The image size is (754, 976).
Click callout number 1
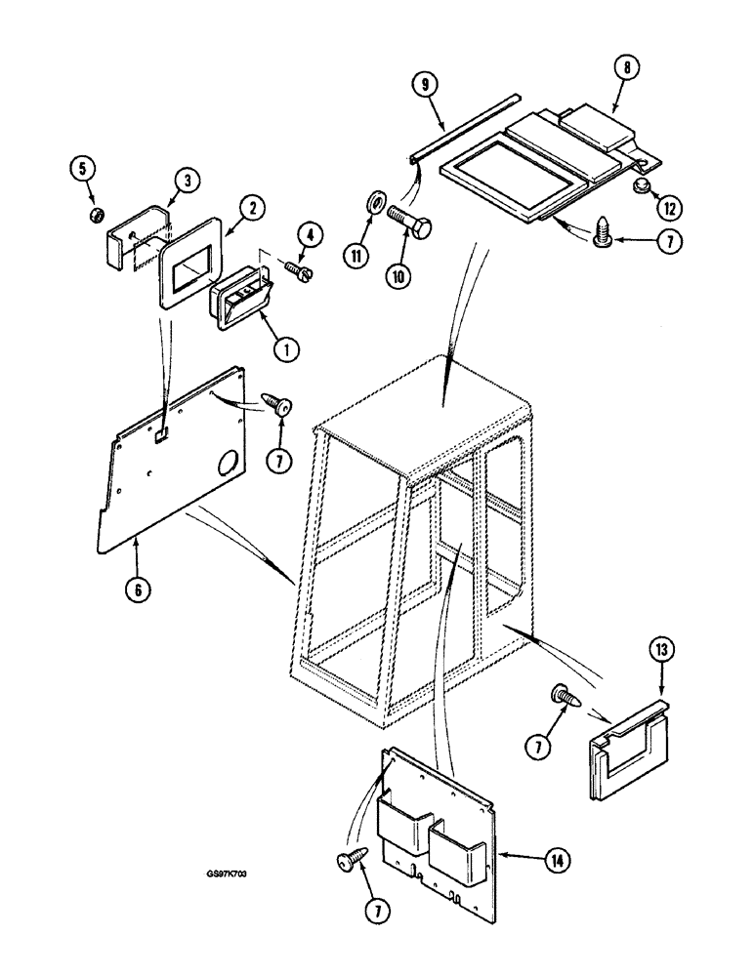[x=284, y=347]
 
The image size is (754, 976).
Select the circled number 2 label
[x=252, y=207]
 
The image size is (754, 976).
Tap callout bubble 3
[x=186, y=180]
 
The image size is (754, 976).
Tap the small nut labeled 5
[x=96, y=214]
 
